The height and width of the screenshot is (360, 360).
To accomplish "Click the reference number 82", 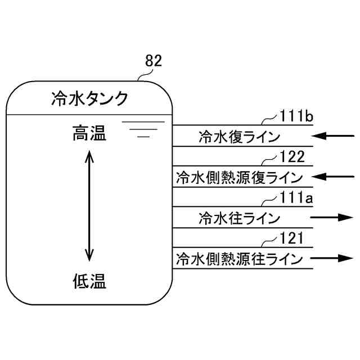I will [154, 61].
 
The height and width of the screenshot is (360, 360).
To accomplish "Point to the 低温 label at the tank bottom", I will [89, 280].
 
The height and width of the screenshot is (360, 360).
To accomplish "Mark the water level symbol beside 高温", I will [143, 129].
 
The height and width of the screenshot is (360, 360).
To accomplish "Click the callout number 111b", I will [296, 116].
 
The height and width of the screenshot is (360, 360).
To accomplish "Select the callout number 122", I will [292, 157].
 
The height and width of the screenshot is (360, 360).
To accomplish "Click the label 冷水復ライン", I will [238, 136].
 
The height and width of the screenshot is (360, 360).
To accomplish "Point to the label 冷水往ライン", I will [238, 218].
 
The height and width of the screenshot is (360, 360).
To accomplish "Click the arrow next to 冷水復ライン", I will [334, 136].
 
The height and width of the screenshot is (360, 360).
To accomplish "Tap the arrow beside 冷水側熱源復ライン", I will [334, 177].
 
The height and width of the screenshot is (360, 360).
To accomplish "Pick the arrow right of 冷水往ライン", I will [334, 217].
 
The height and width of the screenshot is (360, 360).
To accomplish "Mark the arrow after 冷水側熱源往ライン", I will [334, 258].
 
